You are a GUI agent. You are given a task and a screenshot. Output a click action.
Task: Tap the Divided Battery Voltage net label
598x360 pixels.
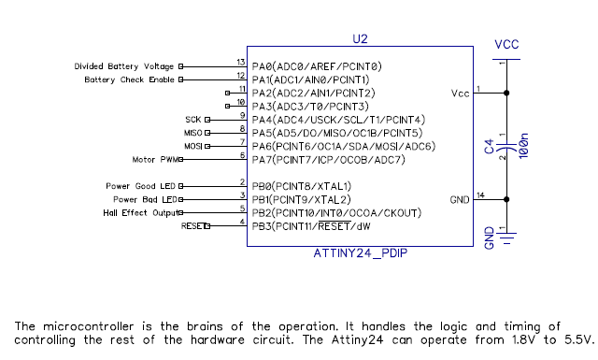(x=123, y=66)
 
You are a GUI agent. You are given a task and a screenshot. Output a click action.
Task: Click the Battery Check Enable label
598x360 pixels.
(x=129, y=79)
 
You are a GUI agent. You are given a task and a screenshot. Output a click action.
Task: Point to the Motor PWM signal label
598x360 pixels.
(x=154, y=159)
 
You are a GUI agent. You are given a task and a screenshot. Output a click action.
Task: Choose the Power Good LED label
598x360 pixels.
(x=141, y=186)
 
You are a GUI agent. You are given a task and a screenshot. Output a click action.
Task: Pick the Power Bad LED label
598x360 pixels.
(x=144, y=199)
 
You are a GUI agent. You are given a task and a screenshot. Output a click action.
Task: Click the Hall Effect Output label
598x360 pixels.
(x=139, y=212)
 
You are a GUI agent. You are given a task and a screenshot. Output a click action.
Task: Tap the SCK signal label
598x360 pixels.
(x=193, y=120)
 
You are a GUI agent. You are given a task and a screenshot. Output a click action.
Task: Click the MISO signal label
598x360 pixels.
(x=192, y=133)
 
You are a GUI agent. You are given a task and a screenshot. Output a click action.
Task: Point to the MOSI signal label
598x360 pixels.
(x=192, y=146)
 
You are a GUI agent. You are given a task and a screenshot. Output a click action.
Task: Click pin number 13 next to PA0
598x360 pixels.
(x=241, y=63)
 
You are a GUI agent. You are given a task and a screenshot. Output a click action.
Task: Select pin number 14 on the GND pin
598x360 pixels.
(x=480, y=195)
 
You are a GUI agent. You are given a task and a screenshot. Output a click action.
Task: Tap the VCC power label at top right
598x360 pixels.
(x=506, y=45)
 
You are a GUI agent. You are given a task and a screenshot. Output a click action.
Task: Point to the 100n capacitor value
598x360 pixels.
(x=523, y=148)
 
